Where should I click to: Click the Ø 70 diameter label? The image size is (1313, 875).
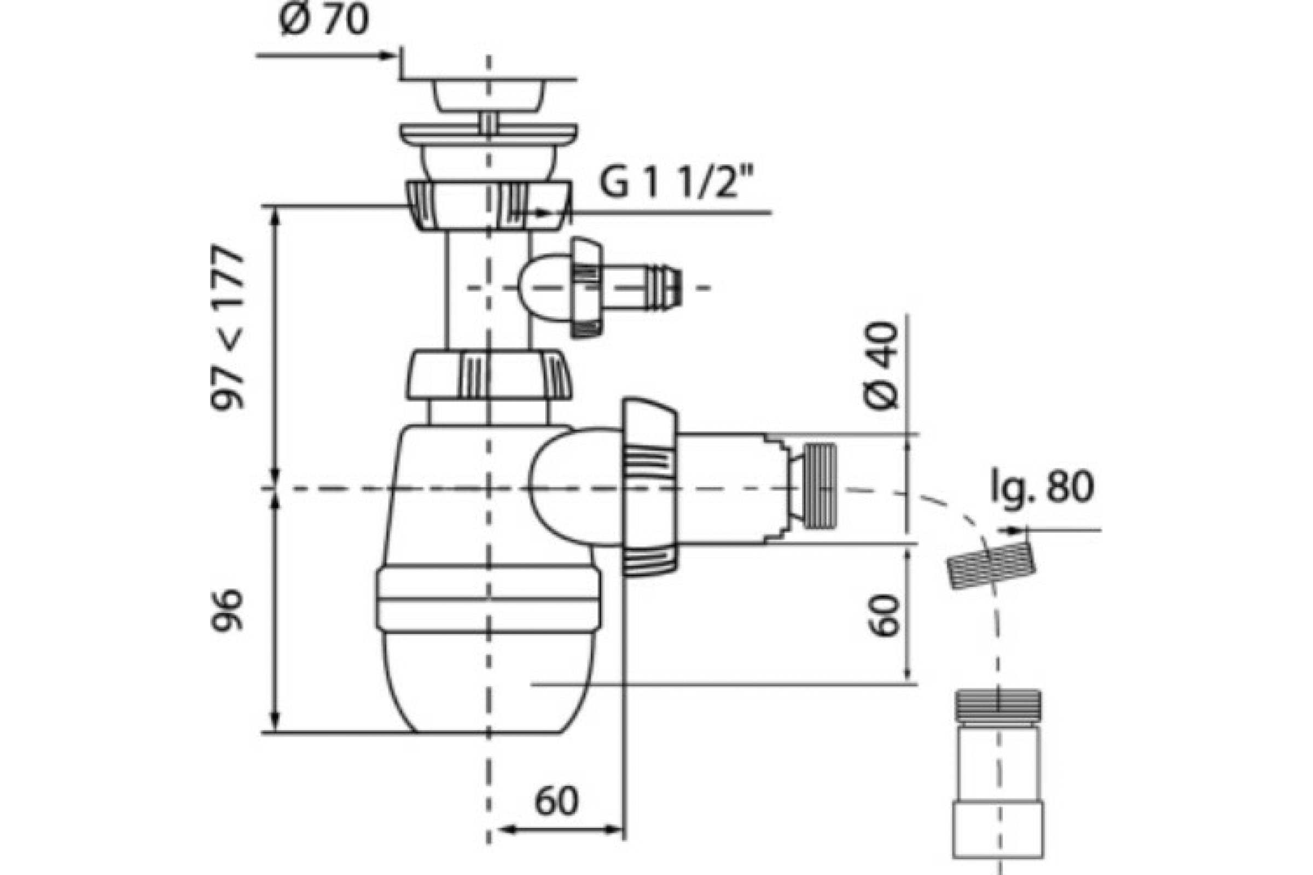(324, 21)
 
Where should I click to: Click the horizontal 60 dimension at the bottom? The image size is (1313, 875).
(556, 802)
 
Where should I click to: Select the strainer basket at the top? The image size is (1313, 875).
(488, 95)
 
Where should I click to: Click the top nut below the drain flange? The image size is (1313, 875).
(489, 205)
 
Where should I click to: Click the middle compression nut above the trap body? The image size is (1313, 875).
(489, 375)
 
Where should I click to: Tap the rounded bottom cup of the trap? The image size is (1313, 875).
(489, 680)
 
